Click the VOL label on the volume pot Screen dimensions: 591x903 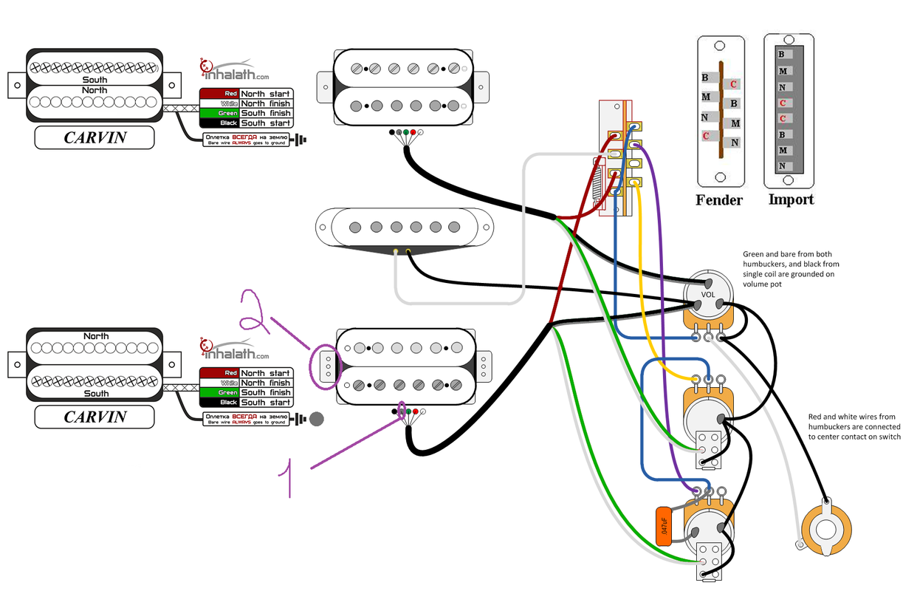pyautogui.click(x=708, y=294)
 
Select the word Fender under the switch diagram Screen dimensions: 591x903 pyautogui.click(x=718, y=199)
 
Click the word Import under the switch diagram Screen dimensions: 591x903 pyautogui.click(x=791, y=199)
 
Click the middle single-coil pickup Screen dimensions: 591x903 pyautogui.click(x=404, y=227)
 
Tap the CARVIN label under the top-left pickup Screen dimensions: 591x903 pyautogui.click(x=95, y=138)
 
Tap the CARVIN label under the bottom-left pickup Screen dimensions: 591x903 pyautogui.click(x=95, y=417)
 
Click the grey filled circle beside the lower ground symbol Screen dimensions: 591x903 pyautogui.click(x=317, y=420)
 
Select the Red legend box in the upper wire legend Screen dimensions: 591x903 pyautogui.click(x=219, y=94)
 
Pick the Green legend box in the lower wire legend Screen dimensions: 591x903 pyautogui.click(x=219, y=392)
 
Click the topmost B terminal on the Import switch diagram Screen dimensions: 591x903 pyautogui.click(x=782, y=54)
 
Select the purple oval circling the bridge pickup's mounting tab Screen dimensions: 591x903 pyautogui.click(x=324, y=366)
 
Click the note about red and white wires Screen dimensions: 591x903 pyautogui.click(x=854, y=427)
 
